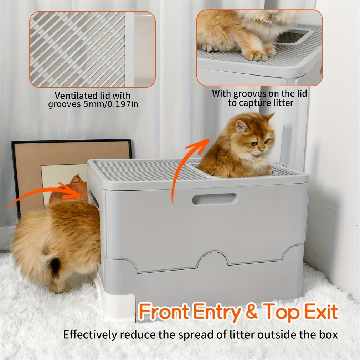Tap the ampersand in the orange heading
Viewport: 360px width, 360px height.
(252, 312)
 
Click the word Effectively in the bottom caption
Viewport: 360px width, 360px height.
(90, 335)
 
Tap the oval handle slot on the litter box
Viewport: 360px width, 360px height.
(215, 199)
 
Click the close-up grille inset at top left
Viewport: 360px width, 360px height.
(93, 49)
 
